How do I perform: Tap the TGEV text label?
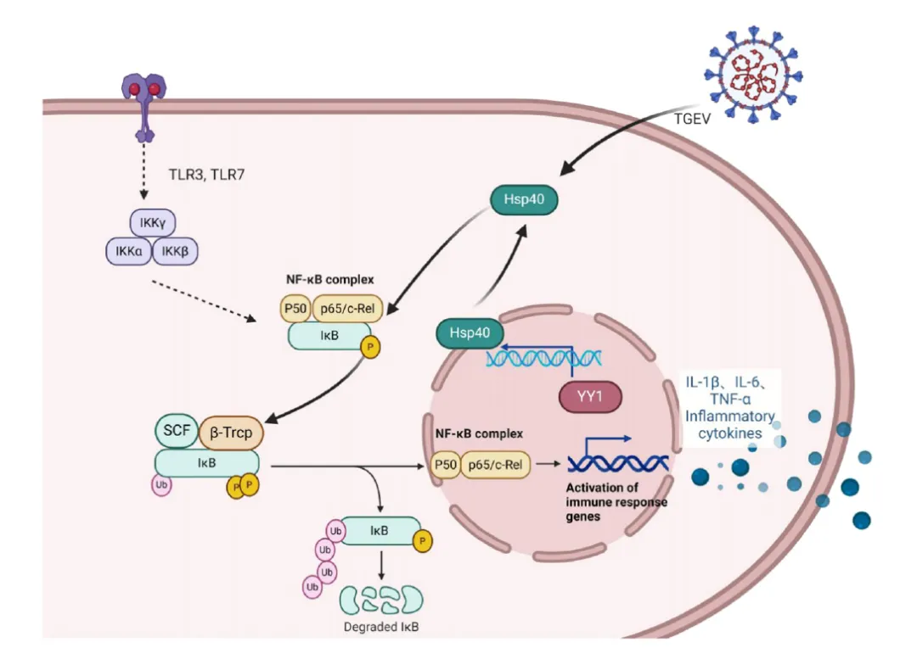click(692, 120)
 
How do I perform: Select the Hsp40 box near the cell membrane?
click(524, 199)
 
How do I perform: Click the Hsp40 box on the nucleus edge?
click(470, 333)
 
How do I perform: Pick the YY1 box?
click(590, 397)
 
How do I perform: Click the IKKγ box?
click(153, 222)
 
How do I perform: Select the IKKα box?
click(129, 251)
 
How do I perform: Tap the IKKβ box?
click(175, 251)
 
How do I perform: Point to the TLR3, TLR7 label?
click(206, 175)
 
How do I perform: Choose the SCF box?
click(177, 431)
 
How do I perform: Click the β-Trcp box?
click(231, 433)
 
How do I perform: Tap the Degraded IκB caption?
click(381, 627)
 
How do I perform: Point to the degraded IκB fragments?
click(381, 600)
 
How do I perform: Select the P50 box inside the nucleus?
click(445, 465)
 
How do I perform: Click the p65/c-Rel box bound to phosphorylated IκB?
click(347, 309)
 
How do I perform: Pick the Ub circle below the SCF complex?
click(161, 485)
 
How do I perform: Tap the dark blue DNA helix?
click(618, 464)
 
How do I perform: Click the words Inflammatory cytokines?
click(730, 425)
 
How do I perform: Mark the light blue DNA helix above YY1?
click(543, 358)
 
